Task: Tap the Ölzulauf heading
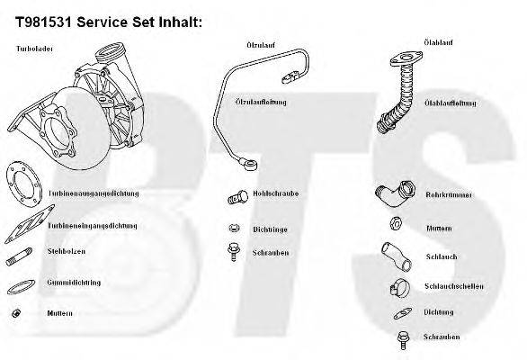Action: (260, 44)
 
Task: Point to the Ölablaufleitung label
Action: (450, 103)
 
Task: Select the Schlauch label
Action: (441, 256)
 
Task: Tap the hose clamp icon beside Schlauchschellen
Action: (395, 288)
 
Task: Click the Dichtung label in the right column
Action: (440, 311)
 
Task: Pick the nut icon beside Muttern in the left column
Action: (16, 313)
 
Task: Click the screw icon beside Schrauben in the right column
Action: (401, 339)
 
